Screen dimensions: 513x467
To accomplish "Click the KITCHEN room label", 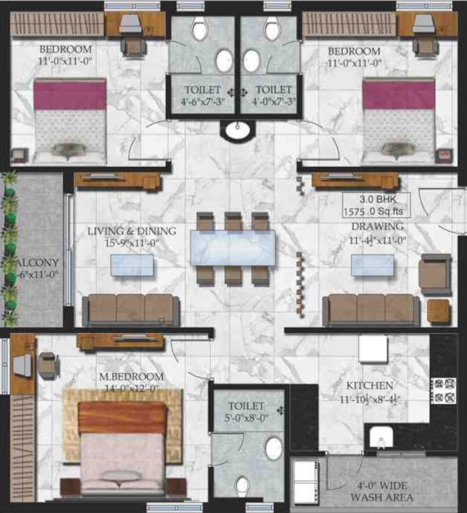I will tap(369, 386).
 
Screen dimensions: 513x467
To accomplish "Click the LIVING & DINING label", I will tap(132, 231).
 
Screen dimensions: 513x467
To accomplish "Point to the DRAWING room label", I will tap(378, 226).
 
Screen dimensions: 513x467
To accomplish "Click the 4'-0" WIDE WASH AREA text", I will tap(382, 492).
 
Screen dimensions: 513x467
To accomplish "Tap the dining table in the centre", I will tap(232, 248).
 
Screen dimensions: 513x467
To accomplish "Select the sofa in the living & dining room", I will tap(130, 309).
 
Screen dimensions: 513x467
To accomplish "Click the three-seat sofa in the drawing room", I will tap(371, 309).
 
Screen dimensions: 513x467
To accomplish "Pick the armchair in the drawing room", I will tap(435, 273).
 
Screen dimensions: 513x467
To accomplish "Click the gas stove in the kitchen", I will tap(442, 391).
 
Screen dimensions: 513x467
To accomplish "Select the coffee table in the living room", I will tap(131, 265).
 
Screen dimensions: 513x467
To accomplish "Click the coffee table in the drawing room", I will tap(371, 265).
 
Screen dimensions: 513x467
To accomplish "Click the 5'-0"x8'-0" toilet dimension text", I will tap(246, 419).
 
